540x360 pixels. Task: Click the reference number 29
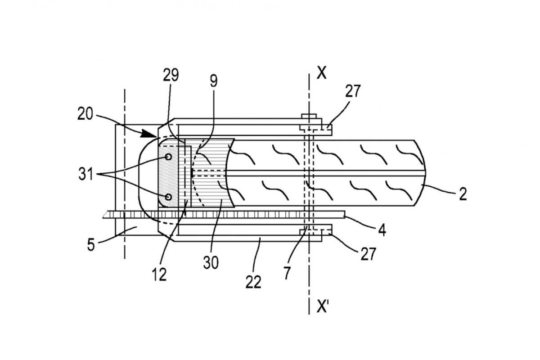tap(171, 75)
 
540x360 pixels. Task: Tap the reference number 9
tap(214, 81)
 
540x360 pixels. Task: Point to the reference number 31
tap(85, 174)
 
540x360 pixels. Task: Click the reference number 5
tap(91, 245)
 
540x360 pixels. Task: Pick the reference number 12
tap(159, 274)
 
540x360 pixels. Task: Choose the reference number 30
tap(211, 262)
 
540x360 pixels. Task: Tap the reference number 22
tap(253, 282)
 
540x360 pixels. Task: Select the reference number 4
tap(382, 230)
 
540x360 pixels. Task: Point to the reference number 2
tap(463, 194)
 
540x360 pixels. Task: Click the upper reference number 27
tap(353, 91)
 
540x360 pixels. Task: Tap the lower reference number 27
tap(369, 254)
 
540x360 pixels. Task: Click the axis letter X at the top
tap(322, 72)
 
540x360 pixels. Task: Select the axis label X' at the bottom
tap(323, 307)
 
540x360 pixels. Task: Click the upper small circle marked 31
tap(168, 157)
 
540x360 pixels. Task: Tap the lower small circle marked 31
tap(168, 197)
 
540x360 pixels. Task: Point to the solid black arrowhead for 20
tap(148, 133)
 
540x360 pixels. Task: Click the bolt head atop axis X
tap(309, 116)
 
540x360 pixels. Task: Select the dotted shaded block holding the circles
tap(168, 176)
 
